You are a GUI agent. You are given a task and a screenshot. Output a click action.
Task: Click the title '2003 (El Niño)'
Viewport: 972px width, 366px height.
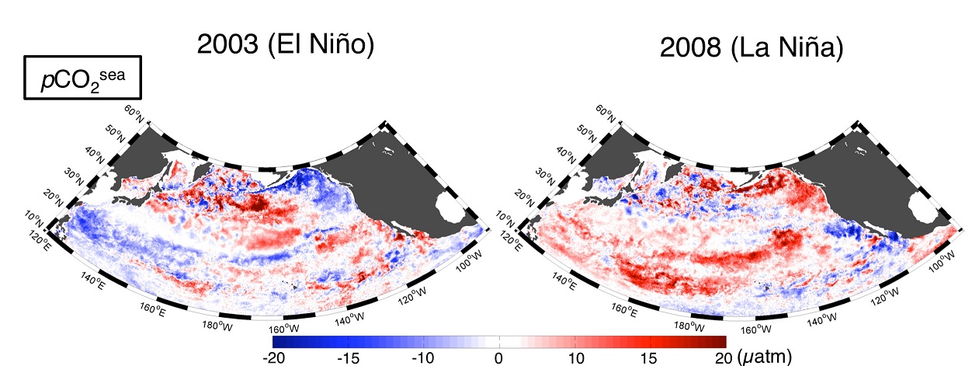(286, 45)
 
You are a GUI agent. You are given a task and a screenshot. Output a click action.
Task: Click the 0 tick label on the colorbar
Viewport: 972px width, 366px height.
(498, 357)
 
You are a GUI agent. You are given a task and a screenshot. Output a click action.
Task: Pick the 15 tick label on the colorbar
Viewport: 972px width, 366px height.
(651, 357)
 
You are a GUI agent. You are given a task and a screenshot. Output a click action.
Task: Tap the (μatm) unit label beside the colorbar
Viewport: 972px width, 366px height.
(764, 357)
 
